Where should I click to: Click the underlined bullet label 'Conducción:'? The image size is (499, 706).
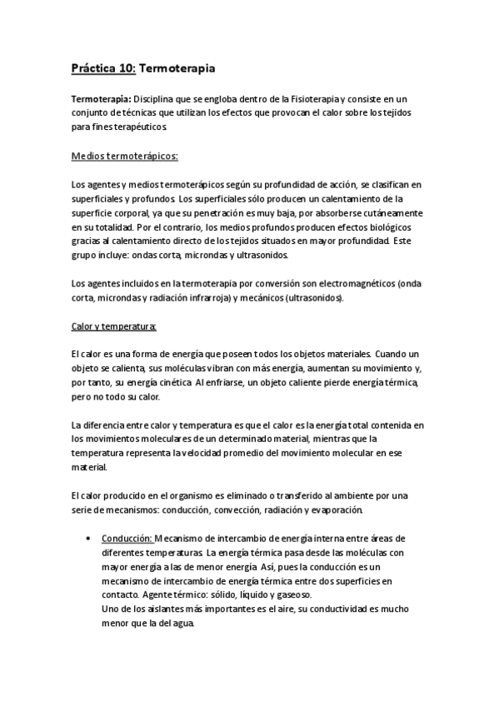coord(127,538)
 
